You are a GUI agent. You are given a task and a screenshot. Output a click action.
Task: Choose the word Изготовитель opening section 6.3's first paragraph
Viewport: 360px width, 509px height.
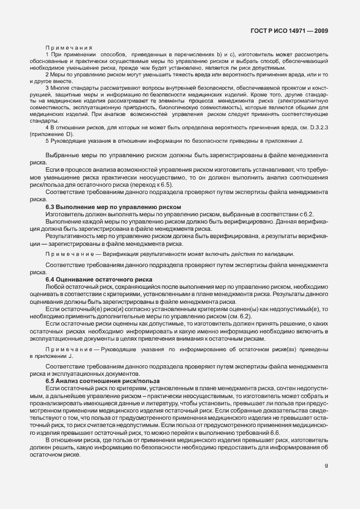(64, 215)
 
